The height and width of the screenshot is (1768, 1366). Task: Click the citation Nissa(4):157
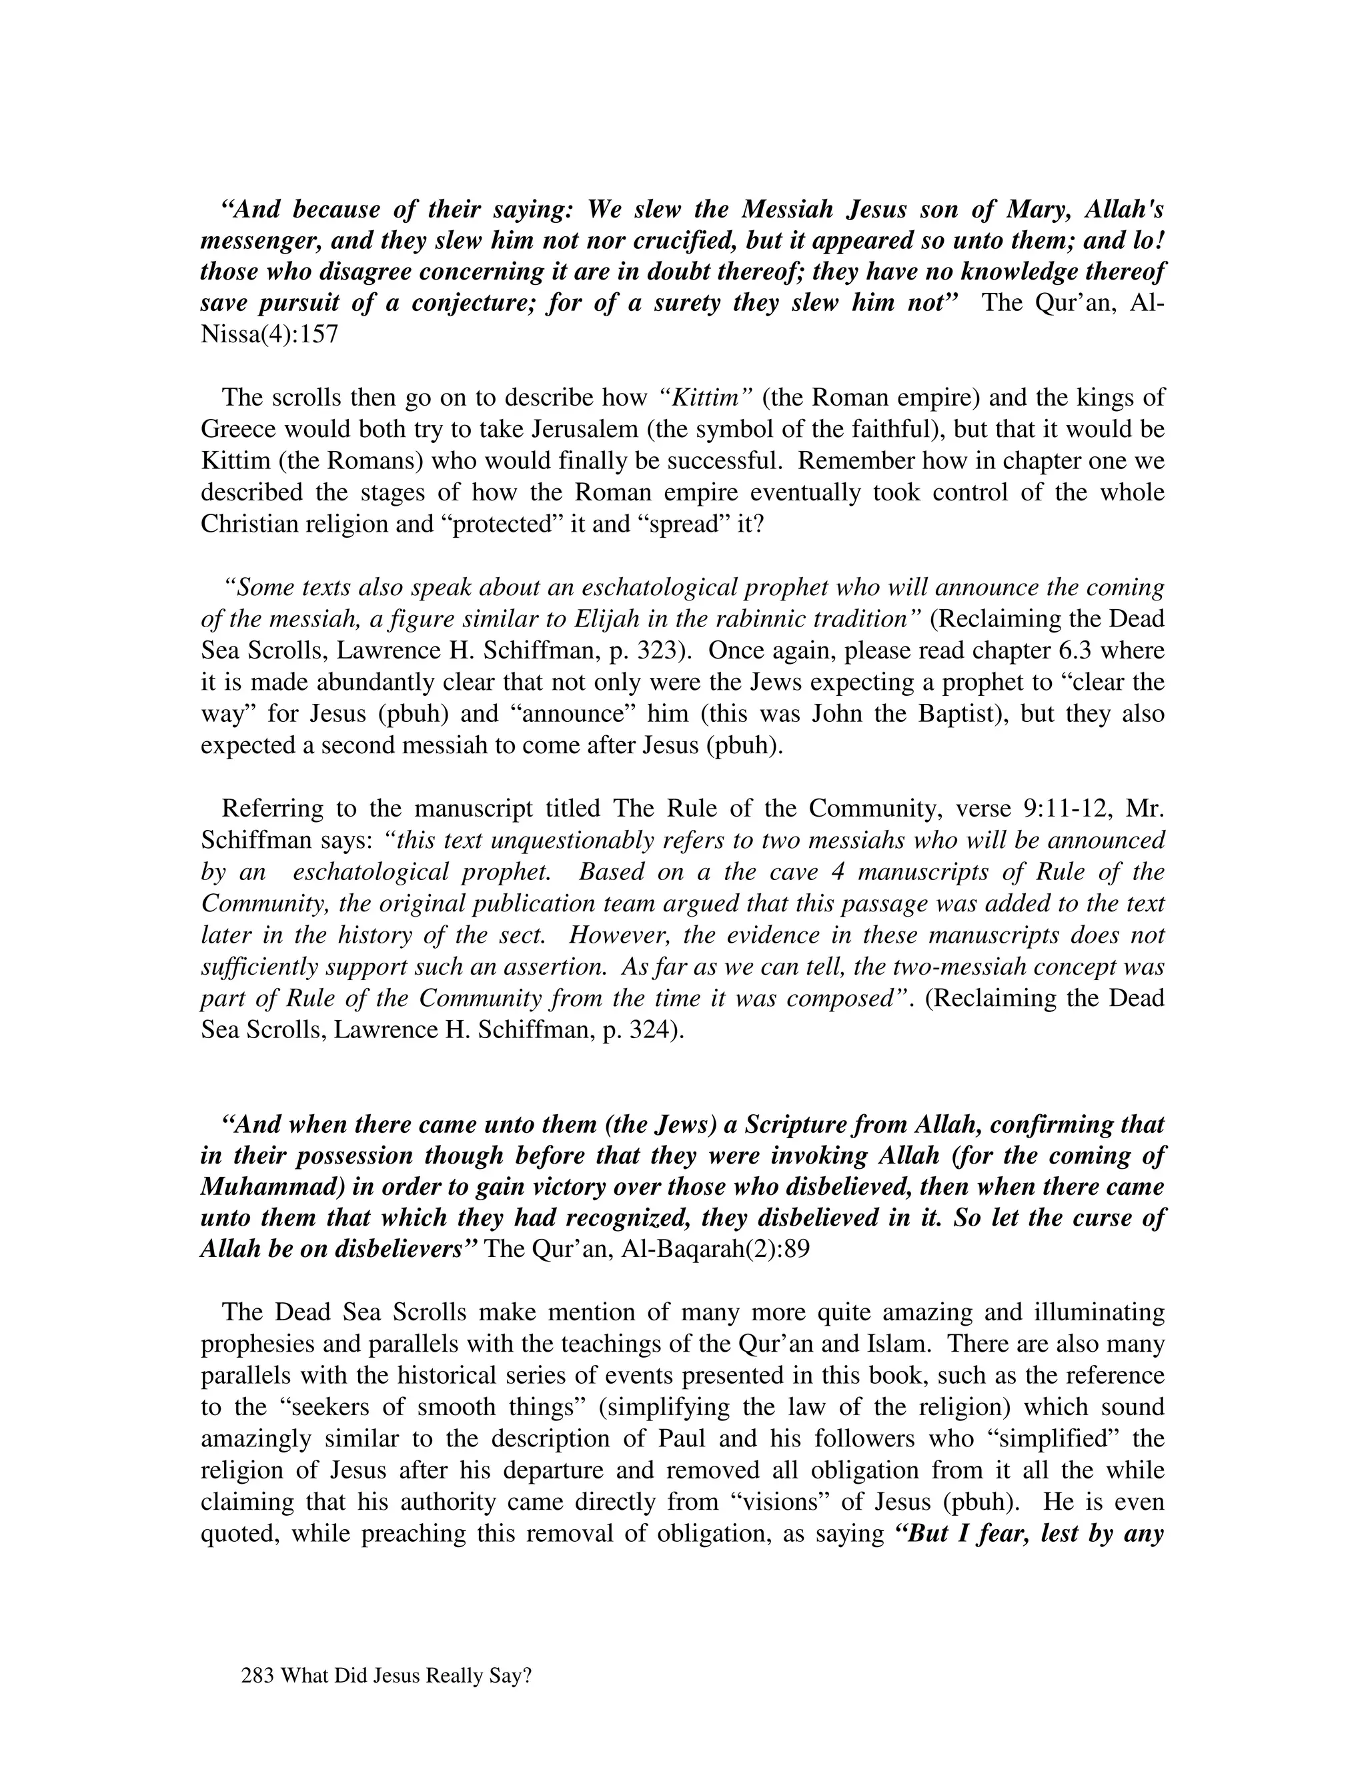(269, 334)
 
